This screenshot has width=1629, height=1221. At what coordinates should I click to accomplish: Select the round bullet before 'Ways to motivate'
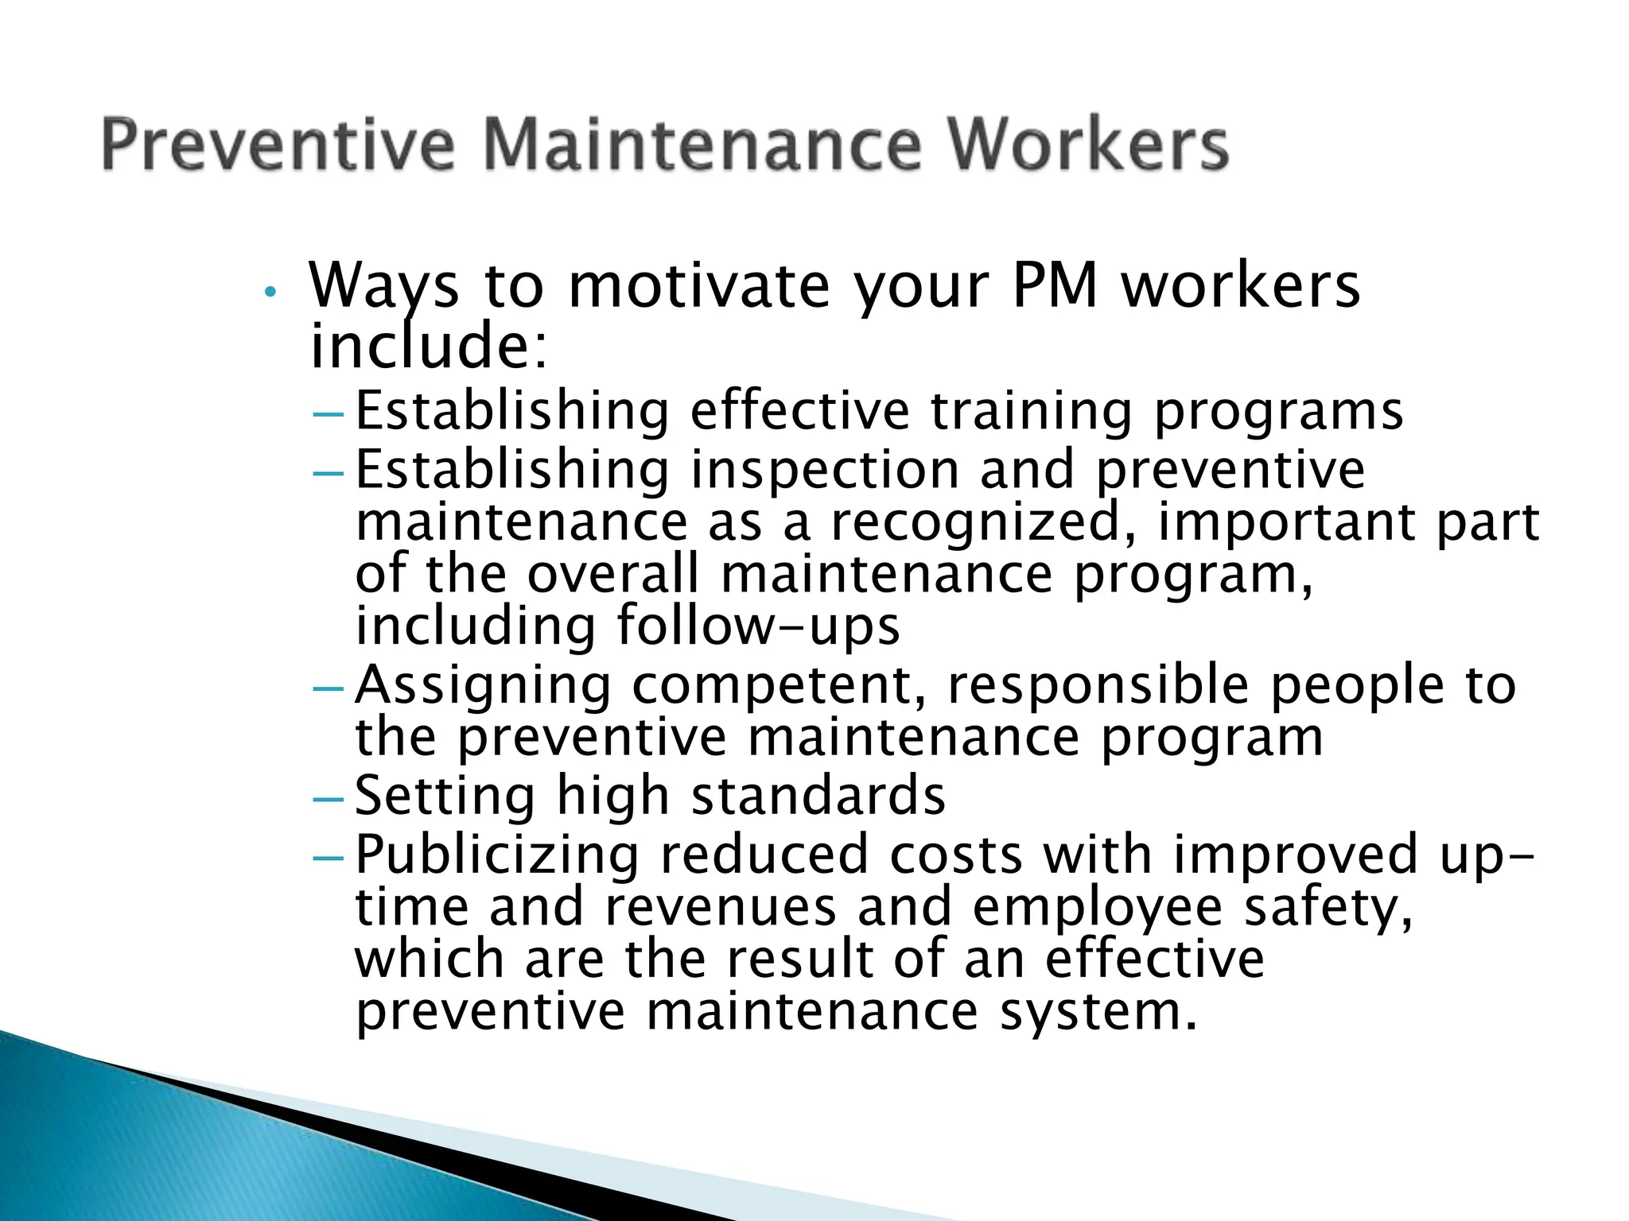pyautogui.click(x=270, y=293)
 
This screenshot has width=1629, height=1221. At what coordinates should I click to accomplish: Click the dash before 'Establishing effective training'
pyautogui.click(x=329, y=414)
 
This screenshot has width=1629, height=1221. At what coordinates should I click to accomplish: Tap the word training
pyautogui.click(x=1031, y=412)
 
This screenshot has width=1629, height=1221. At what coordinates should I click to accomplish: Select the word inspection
pyautogui.click(x=825, y=470)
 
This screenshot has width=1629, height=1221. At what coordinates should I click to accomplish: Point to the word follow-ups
pyautogui.click(x=758, y=626)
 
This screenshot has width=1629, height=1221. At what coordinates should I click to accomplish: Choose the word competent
pyautogui.click(x=780, y=686)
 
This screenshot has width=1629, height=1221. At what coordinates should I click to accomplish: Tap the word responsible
pyautogui.click(x=1098, y=684)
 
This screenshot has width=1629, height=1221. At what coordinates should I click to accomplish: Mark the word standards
pyautogui.click(x=818, y=795)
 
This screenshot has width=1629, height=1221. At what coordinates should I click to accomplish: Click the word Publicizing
pyautogui.click(x=496, y=855)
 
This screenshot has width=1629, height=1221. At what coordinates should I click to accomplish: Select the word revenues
pyautogui.click(x=721, y=907)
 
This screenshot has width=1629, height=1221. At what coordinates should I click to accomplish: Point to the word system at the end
pyautogui.click(x=1098, y=1012)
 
